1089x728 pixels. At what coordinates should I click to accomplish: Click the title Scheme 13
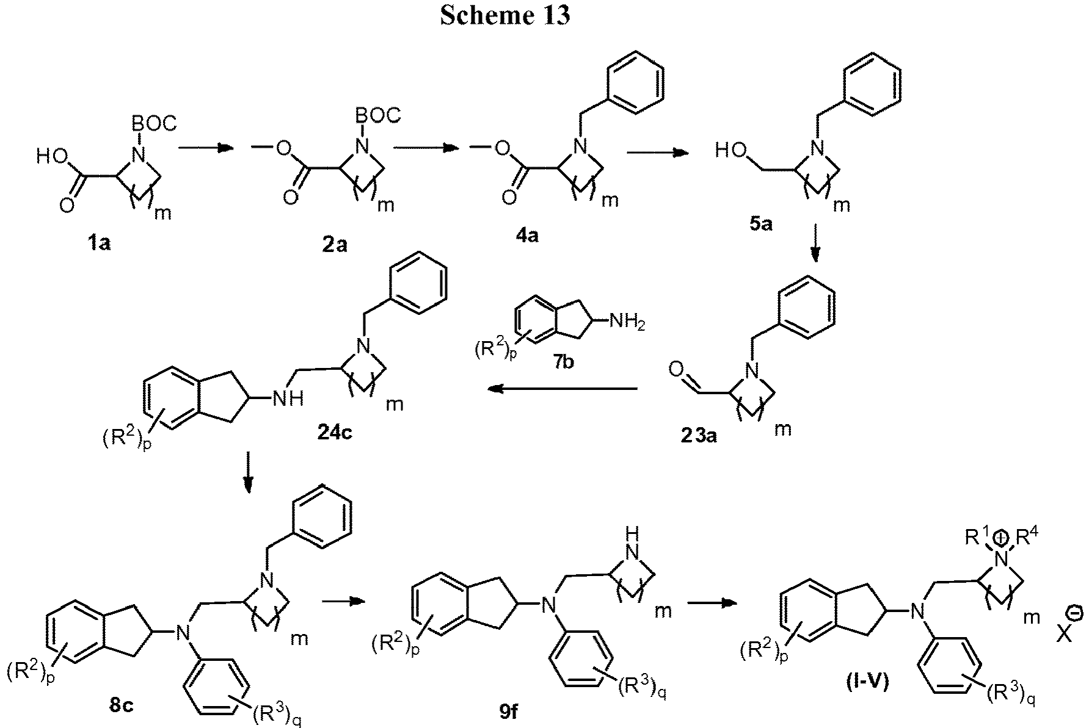(504, 15)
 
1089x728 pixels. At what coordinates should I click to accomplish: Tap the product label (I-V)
(868, 682)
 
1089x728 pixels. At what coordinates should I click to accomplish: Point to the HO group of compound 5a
(730, 150)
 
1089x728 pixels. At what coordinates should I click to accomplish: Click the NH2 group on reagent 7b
(624, 320)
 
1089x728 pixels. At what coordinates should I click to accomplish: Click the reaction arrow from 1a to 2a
(205, 148)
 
